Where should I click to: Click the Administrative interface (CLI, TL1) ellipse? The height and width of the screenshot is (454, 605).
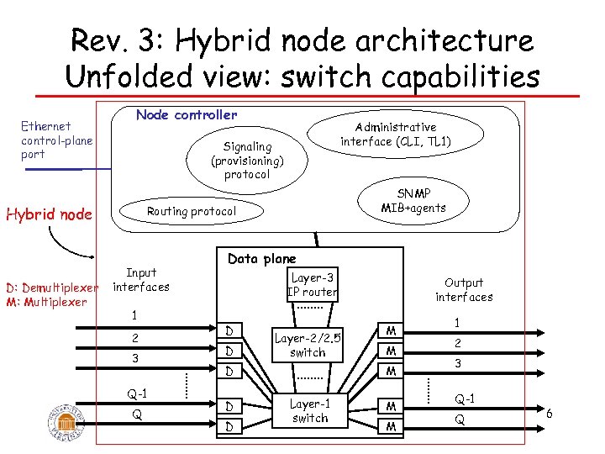pyautogui.click(x=396, y=135)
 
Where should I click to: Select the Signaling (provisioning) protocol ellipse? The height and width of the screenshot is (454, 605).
pyautogui.click(x=247, y=161)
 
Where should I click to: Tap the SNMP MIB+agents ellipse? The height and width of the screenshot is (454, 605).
pyautogui.click(x=413, y=201)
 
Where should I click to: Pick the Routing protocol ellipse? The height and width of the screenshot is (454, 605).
pyautogui.click(x=192, y=212)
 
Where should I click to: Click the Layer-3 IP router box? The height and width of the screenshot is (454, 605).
pyautogui.click(x=313, y=285)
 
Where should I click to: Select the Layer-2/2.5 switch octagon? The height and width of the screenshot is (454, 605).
pyautogui.click(x=308, y=346)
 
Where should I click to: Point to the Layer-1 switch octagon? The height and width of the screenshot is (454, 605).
pyautogui.click(x=310, y=411)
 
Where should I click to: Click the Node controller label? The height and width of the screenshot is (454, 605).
pyautogui.click(x=187, y=114)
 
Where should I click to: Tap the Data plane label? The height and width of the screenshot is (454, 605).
pyautogui.click(x=261, y=259)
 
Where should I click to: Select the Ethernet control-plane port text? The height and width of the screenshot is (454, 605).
pyautogui.click(x=56, y=140)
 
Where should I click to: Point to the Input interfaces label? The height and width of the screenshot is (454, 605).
pyautogui.click(x=141, y=280)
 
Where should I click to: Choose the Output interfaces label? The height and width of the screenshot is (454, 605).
pyautogui.click(x=464, y=290)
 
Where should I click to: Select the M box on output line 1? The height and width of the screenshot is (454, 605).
pyautogui.click(x=389, y=329)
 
